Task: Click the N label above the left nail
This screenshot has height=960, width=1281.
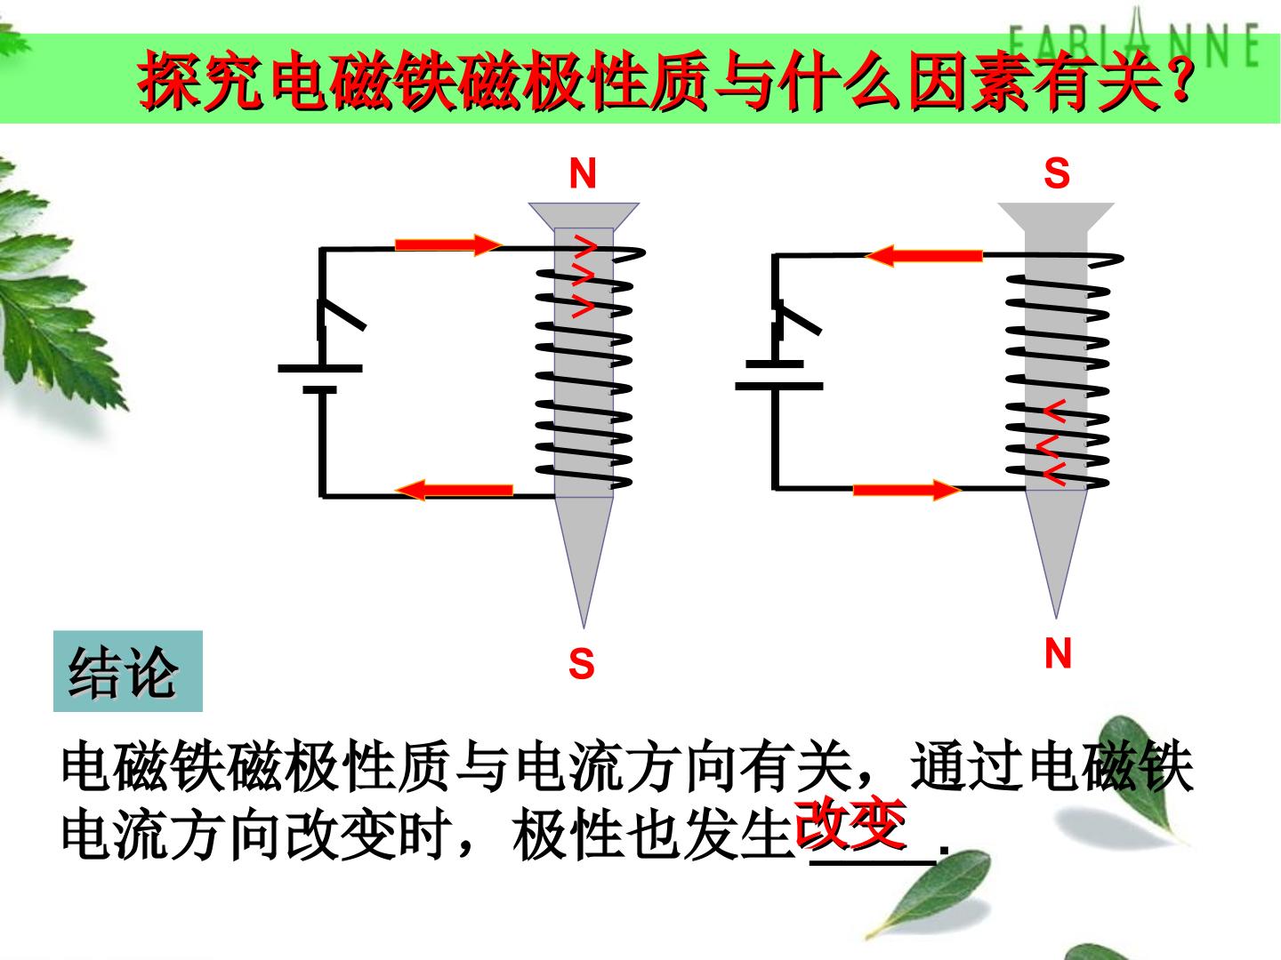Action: [583, 173]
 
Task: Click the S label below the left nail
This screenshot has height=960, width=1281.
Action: [581, 663]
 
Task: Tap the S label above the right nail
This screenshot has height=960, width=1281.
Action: [1057, 173]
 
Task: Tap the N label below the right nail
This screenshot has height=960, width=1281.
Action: [1058, 652]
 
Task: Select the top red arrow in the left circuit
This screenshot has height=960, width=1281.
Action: [448, 244]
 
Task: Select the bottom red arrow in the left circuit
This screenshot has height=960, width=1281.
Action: [454, 490]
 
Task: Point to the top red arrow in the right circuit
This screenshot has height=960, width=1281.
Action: [923, 256]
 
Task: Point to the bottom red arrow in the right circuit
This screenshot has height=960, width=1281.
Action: [906, 490]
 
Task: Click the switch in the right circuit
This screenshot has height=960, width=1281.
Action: [796, 319]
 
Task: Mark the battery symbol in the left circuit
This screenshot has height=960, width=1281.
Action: [320, 379]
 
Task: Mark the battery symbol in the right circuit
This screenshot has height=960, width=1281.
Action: [779, 375]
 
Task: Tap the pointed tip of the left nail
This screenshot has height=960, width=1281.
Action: [584, 627]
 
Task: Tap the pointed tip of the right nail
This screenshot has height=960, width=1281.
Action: [1056, 617]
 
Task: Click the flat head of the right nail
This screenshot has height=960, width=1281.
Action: [1056, 216]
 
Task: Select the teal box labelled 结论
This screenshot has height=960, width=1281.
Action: [128, 671]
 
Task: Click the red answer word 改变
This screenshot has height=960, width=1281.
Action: [851, 824]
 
